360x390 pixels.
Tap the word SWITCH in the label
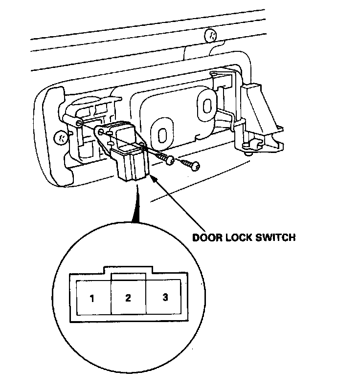click(x=277, y=238)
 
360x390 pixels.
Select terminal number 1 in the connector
click(x=92, y=298)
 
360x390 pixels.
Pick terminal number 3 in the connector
click(x=165, y=297)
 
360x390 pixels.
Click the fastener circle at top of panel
click(x=211, y=35)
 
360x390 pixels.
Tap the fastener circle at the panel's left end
click(x=61, y=137)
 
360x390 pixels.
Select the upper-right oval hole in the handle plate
click(x=206, y=104)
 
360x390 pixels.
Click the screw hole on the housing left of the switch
click(x=79, y=123)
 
